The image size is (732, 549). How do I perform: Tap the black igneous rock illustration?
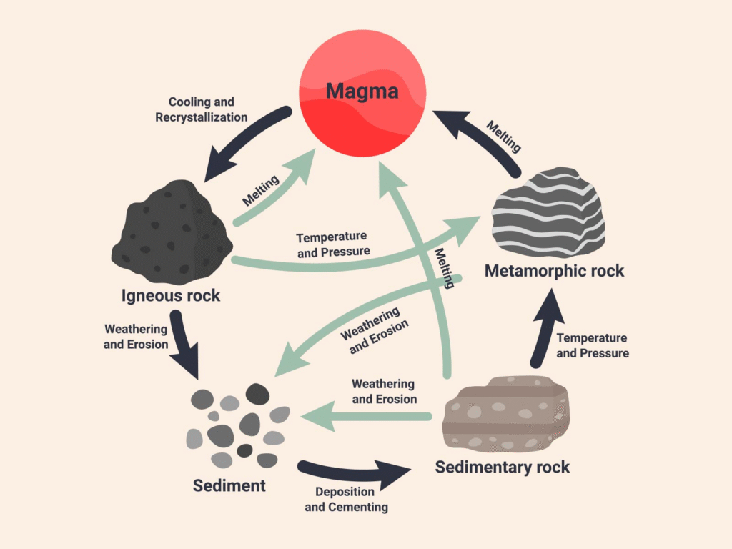point(171,232)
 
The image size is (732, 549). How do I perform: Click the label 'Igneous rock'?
point(171,295)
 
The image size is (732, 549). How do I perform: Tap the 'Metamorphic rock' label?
point(554,271)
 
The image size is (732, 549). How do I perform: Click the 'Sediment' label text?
point(229,486)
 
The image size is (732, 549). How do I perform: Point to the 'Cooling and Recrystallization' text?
point(201,109)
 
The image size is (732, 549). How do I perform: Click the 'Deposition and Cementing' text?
point(346,500)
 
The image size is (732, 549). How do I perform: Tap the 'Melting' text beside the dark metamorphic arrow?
point(503,137)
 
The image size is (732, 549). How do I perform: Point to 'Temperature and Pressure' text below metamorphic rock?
point(592,345)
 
